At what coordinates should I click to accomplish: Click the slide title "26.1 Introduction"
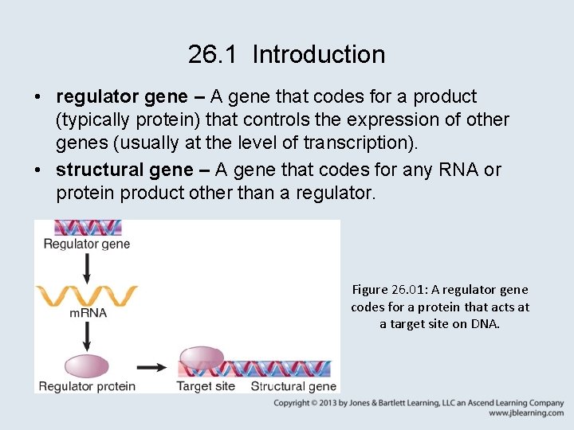pyautogui.click(x=287, y=55)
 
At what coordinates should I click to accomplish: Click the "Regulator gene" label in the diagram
pyautogui.click(x=86, y=244)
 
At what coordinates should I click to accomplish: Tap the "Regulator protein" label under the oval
pyautogui.click(x=87, y=386)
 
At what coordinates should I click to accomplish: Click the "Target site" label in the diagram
pyautogui.click(x=205, y=386)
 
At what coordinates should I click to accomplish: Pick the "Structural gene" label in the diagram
pyautogui.click(x=293, y=386)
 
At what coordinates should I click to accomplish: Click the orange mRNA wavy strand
pyautogui.click(x=87, y=295)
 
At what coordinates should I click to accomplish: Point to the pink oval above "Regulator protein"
pyautogui.click(x=87, y=365)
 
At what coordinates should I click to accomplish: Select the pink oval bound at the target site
pyautogui.click(x=206, y=358)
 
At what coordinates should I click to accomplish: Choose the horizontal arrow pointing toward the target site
pyautogui.click(x=151, y=367)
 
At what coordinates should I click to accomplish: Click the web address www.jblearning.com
pyautogui.click(x=526, y=413)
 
